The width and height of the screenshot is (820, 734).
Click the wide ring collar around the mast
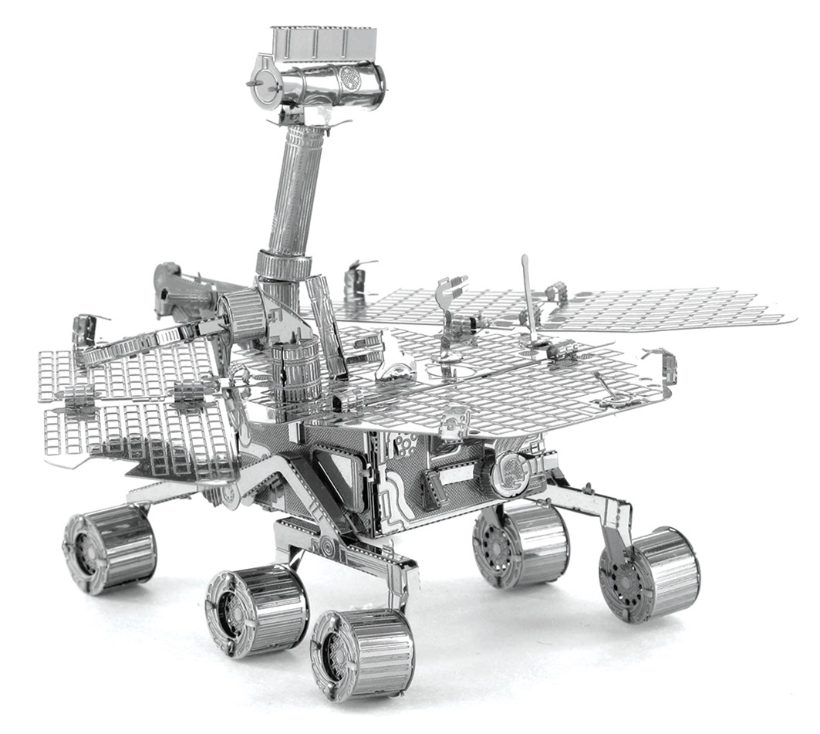click(x=283, y=265)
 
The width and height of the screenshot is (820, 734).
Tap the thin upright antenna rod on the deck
click(x=528, y=297)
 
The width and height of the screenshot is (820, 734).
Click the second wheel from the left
click(x=257, y=611)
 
